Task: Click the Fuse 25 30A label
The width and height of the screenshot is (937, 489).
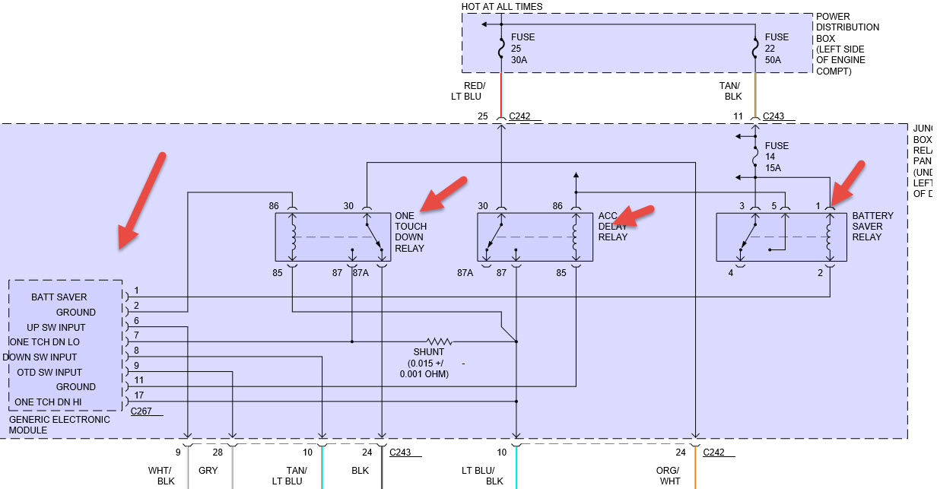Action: [522, 48]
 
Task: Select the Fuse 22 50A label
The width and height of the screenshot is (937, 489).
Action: [777, 48]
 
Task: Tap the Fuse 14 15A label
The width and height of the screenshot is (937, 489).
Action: [777, 157]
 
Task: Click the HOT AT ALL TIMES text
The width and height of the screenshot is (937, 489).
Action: [502, 7]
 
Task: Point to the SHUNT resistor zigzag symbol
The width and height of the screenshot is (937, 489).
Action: [439, 341]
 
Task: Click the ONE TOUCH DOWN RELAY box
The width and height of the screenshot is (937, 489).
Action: [332, 237]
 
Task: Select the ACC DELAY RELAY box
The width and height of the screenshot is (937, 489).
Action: [535, 237]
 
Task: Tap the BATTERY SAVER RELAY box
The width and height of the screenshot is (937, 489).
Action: [781, 237]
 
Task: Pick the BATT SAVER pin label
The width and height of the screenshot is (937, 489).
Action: [59, 297]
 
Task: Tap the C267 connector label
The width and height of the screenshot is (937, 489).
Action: [141, 411]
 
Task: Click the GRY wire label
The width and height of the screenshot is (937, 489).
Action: [208, 471]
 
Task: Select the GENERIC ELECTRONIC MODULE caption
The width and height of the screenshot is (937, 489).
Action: [59, 424]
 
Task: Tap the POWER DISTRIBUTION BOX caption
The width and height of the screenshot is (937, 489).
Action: [847, 43]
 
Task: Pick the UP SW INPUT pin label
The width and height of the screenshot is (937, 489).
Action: [56, 327]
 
